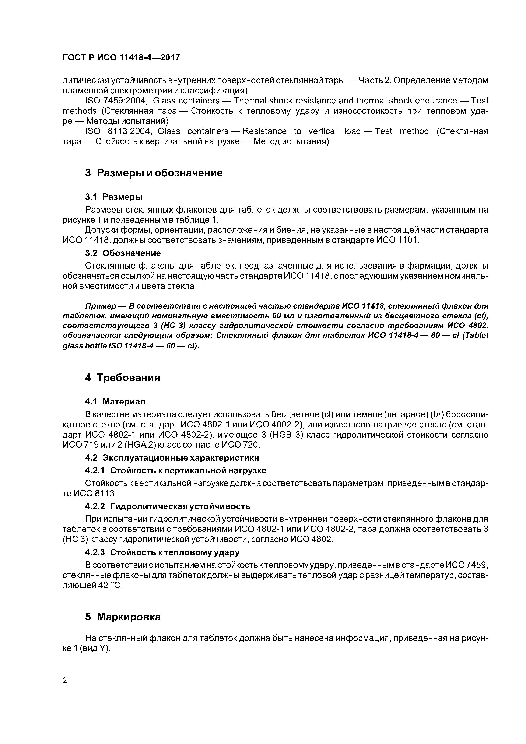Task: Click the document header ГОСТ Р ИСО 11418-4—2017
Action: point(121,58)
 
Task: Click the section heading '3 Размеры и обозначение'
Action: point(154,173)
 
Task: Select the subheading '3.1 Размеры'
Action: point(113,197)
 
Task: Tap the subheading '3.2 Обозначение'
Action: point(123,253)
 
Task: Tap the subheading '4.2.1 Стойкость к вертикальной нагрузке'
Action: point(175,470)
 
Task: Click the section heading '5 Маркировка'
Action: point(123,617)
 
